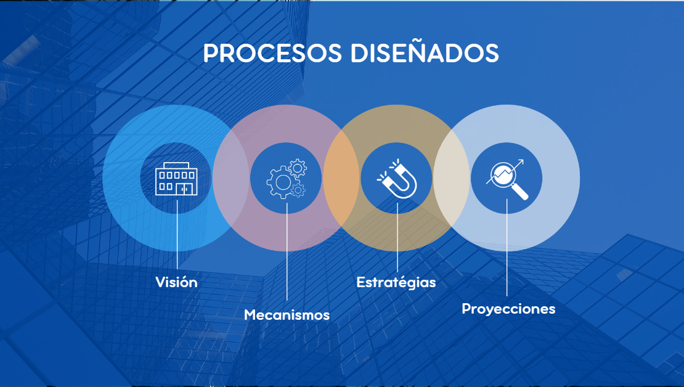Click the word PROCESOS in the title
pyautogui.click(x=272, y=54)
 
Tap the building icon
pyautogui.click(x=176, y=179)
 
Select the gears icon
pyautogui.click(x=287, y=179)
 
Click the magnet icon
pyautogui.click(x=397, y=179)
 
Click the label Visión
pyautogui.click(x=176, y=282)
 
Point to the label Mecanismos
pyautogui.click(x=287, y=314)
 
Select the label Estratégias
pyautogui.click(x=396, y=282)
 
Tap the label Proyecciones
pyautogui.click(x=508, y=309)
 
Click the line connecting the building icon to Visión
pyautogui.click(x=177, y=234)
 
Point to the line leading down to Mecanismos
pyautogui.click(x=287, y=251)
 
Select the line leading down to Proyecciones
pyautogui.click(x=507, y=247)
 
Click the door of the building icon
pyautogui.click(x=184, y=189)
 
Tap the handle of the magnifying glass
pyautogui.click(x=520, y=192)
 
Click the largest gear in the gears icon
pyautogui.click(x=283, y=183)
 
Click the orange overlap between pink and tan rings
pyautogui.click(x=341, y=178)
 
